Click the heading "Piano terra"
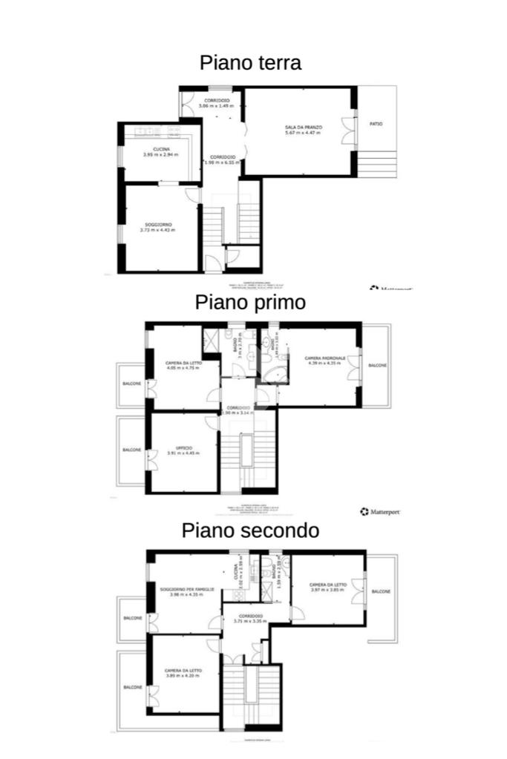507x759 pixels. pos(250,62)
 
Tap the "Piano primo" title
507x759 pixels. pos(250,302)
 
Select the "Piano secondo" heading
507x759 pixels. pos(250,530)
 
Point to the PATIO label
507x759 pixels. pos(376,124)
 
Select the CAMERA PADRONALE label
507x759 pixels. pos(323,361)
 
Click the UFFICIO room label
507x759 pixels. pos(180,450)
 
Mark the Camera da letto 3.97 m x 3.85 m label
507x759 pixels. pos(328,587)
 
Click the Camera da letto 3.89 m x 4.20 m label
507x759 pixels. pos(183,673)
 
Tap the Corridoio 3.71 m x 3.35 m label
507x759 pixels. pos(249,619)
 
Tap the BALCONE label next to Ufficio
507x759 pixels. pos(132,450)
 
